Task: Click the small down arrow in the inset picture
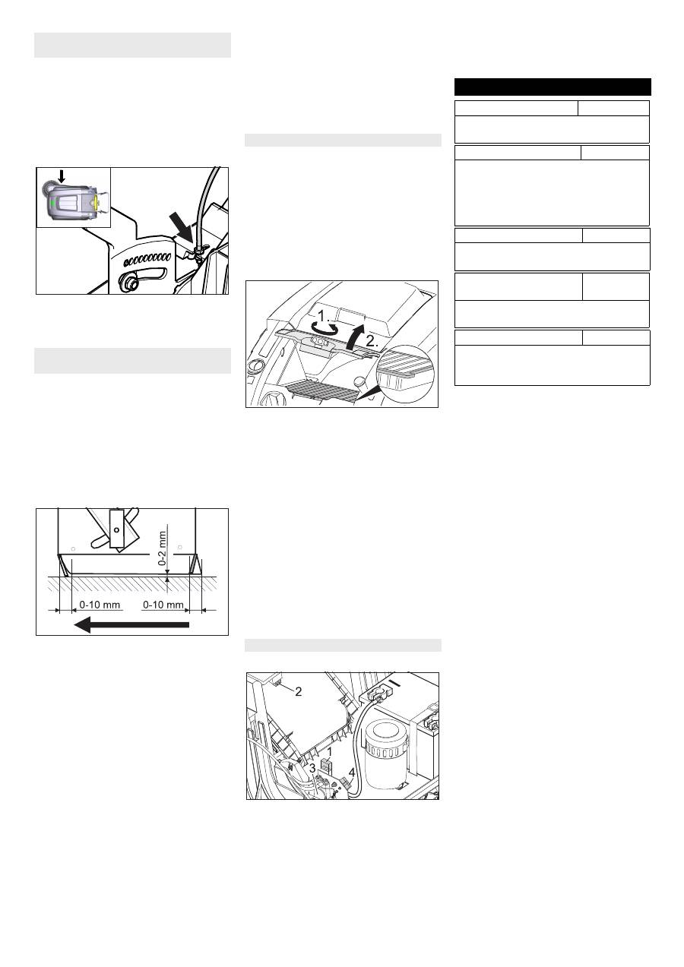point(62,175)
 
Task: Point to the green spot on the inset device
point(52,203)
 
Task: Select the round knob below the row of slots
point(129,283)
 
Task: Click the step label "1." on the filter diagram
point(324,316)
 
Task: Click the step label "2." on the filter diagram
point(372,341)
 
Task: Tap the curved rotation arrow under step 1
point(328,328)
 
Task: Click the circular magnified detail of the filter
point(404,374)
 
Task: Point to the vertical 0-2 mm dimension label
point(163,548)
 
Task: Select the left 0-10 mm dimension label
point(100,605)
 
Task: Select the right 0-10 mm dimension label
point(163,605)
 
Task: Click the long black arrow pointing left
point(131,624)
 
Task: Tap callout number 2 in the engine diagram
point(298,691)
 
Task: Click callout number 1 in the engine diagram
point(330,752)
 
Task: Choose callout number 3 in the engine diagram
point(312,768)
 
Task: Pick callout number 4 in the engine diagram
point(352,773)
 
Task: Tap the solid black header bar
point(553,87)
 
